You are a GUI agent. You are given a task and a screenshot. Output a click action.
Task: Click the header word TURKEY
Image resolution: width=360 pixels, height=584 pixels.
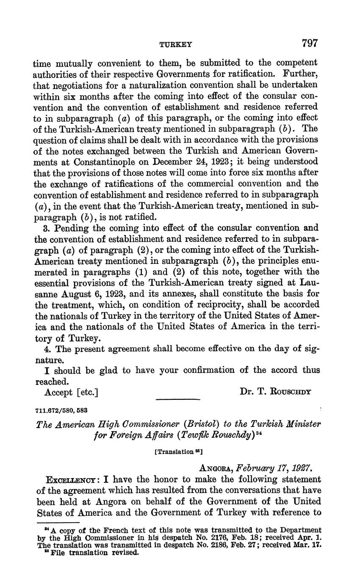click(x=175, y=44)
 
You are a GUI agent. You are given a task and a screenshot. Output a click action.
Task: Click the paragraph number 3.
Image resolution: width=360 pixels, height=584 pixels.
click(x=47, y=228)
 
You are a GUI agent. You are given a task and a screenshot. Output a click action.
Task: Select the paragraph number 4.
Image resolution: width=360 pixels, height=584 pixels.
click(x=47, y=349)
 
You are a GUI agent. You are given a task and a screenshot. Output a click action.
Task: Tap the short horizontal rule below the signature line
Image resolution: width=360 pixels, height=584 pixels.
click(x=177, y=399)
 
